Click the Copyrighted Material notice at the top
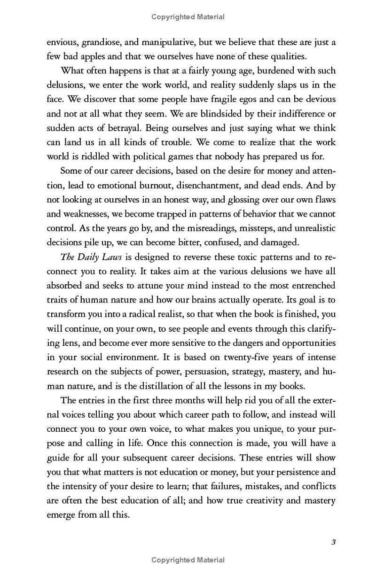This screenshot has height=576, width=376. coord(188,17)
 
